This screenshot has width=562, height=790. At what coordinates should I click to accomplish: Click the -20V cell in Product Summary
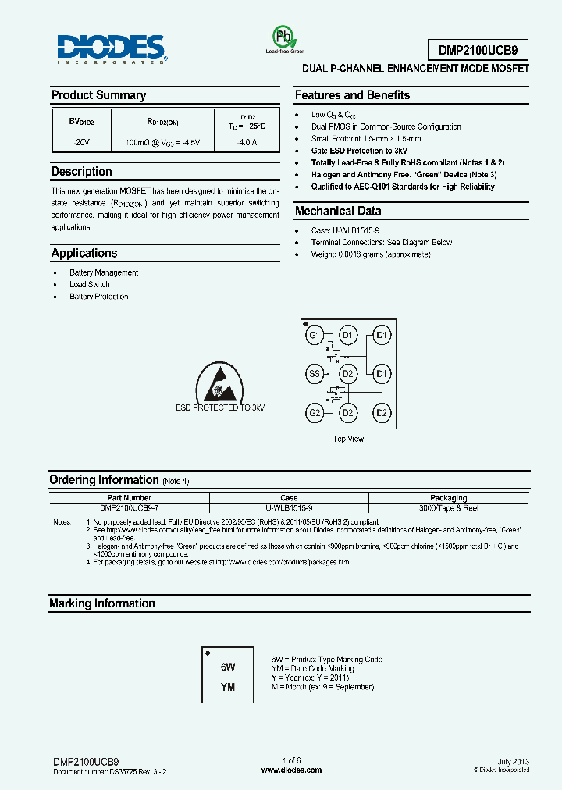pos(82,143)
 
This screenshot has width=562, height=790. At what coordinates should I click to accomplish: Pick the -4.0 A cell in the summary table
pos(247,143)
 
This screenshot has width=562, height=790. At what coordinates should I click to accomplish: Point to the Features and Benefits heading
pos(352,95)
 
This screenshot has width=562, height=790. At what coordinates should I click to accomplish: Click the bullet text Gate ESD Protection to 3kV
pos(359,151)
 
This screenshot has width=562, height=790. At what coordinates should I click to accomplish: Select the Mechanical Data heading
pos(338,211)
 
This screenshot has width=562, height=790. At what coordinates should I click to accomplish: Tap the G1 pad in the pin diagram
pos(315,336)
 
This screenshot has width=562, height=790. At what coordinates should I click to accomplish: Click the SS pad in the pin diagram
pos(315,374)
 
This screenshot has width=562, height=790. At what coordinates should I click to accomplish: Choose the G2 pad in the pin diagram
pos(315,412)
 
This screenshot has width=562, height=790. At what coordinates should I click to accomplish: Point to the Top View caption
pos(348,439)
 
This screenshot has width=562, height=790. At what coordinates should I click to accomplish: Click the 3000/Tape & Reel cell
pos(448,507)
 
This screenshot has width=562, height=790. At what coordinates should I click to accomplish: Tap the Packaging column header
pos(448,497)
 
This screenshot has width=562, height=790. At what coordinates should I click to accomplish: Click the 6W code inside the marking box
pos(227,667)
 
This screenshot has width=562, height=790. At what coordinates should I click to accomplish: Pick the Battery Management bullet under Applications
pos(104,272)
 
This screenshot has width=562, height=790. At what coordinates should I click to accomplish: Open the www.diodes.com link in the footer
pos(290,770)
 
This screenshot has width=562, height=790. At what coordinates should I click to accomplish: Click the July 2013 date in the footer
pos(513,760)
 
